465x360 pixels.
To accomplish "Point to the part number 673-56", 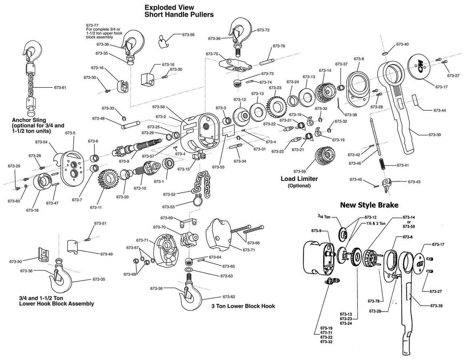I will [x=188, y=35].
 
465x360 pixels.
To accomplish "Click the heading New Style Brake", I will [x=369, y=205].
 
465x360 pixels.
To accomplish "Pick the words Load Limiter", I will [x=299, y=179].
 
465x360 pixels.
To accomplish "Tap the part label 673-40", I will [x=403, y=44].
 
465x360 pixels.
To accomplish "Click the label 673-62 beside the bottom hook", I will [x=229, y=296].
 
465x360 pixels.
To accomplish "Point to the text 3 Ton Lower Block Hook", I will [x=243, y=306].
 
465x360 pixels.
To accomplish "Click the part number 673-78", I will [x=373, y=301].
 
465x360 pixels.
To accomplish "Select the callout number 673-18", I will [x=32, y=210].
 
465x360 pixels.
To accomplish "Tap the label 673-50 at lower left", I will [x=16, y=261].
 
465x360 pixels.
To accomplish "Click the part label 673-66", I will [x=254, y=243].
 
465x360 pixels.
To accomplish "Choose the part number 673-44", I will [x=440, y=110].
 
